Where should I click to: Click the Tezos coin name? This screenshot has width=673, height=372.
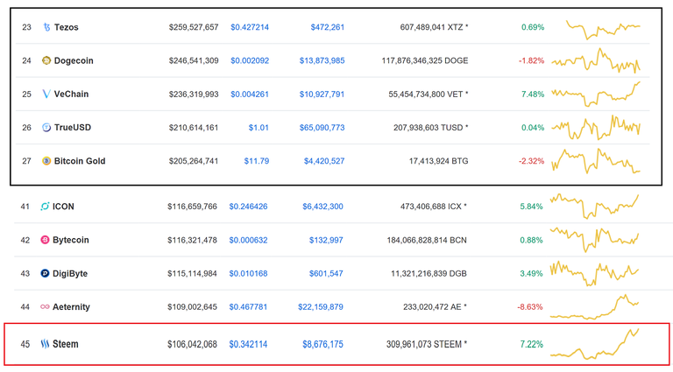[66, 27]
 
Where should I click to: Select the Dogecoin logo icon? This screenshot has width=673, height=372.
[46, 60]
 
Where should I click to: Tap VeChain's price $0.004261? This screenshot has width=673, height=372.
[250, 94]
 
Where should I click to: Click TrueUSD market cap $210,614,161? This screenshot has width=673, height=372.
[193, 128]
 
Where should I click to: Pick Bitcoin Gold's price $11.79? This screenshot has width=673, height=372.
[256, 161]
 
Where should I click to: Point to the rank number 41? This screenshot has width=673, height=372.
[25, 207]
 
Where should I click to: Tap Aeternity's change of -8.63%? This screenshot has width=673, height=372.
[531, 307]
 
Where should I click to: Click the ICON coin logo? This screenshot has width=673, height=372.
[45, 207]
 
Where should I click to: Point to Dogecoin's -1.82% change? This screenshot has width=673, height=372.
[531, 60]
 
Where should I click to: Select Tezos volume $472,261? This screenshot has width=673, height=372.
[327, 27]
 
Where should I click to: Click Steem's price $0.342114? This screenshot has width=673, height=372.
[249, 344]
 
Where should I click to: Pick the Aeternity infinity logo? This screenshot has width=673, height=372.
[45, 307]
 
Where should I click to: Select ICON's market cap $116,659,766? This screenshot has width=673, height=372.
[192, 207]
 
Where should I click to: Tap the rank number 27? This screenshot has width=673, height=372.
[26, 161]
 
